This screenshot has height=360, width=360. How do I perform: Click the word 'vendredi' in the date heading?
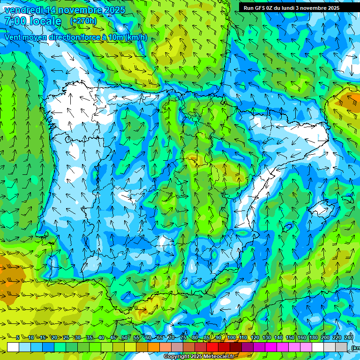pos(23,10)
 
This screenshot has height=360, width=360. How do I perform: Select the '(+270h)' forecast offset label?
pos(83,21)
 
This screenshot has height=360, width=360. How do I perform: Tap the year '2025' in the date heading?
pos(113,10)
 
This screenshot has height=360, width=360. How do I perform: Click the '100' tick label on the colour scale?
pos(232,338)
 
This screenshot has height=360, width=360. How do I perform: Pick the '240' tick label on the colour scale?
pos(349,338)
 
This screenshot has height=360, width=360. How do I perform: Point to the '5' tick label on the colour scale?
pos(18,338)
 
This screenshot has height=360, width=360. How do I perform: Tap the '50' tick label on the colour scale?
pos(124,338)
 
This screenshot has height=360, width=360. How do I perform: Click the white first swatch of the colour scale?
pos(13,347)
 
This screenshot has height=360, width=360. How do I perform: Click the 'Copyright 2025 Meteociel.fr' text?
pos(199,357)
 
